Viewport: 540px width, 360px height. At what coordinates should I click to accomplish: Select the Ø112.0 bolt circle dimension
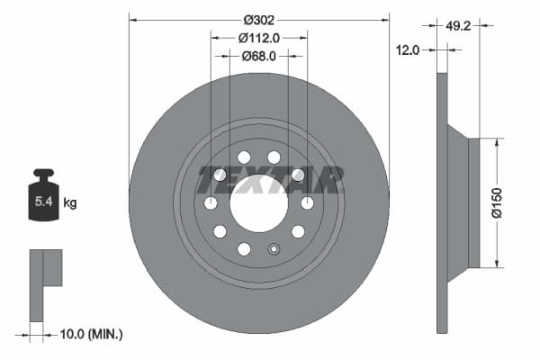point(259,38)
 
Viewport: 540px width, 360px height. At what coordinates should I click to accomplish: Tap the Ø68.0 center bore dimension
point(259,56)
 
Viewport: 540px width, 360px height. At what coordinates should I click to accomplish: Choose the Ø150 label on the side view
point(494,202)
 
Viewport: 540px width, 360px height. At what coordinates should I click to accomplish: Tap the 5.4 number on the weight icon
point(43,202)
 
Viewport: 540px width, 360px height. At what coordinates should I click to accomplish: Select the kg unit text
point(70,203)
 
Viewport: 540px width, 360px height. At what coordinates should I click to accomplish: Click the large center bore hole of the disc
point(259,203)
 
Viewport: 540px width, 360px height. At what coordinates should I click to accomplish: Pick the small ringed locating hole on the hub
point(274,249)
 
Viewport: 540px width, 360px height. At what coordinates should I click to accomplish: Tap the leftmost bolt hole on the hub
point(211,203)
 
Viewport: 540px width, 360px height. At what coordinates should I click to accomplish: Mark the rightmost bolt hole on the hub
point(307,203)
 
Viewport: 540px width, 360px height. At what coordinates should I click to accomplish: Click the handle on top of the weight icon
point(44,174)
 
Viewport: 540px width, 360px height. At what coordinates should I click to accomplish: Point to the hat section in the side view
point(459,202)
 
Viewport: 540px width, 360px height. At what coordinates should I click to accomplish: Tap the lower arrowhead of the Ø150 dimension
point(494,264)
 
